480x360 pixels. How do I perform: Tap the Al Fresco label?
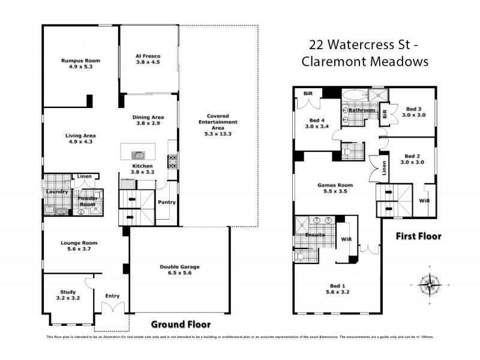(148, 56)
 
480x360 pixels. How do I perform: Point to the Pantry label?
(166, 202)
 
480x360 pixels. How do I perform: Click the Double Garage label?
(179, 267)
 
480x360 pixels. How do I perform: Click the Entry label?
(112, 296)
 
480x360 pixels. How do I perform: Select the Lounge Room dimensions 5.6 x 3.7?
(79, 249)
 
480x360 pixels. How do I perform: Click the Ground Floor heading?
(181, 325)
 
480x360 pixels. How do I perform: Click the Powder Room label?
(88, 201)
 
